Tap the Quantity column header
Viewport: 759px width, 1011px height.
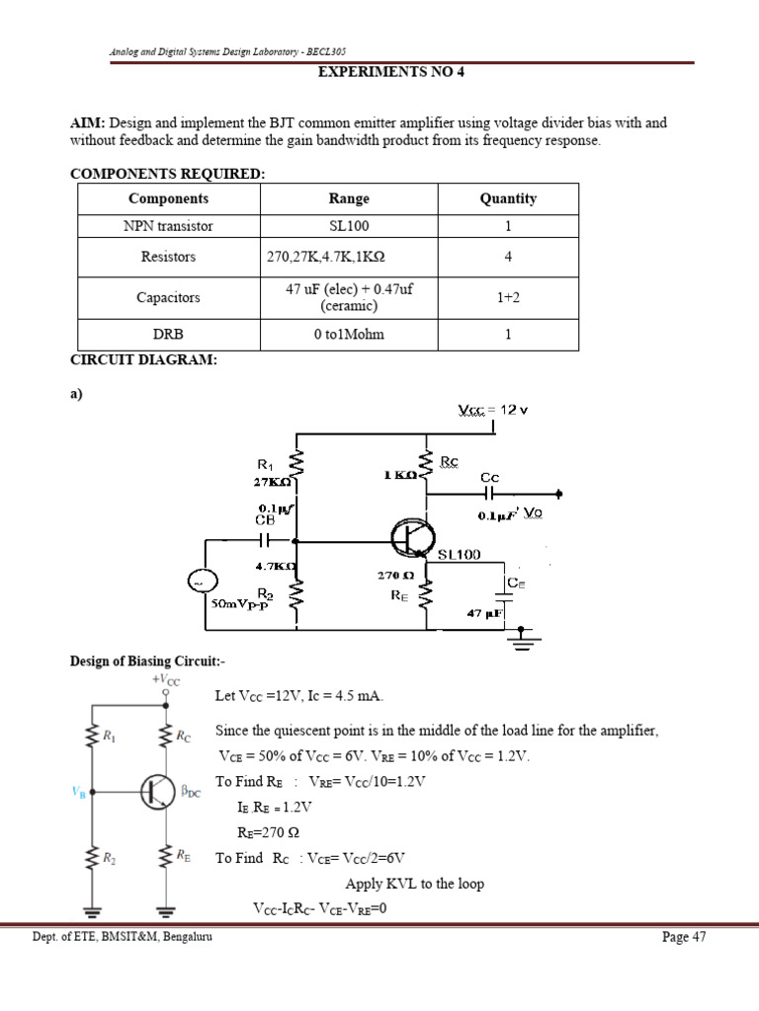click(x=508, y=198)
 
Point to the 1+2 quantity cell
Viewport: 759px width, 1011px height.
click(x=508, y=296)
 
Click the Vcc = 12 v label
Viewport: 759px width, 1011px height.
click(x=493, y=410)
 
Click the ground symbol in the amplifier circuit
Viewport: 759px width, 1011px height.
click(x=522, y=643)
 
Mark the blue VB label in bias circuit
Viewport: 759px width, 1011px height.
click(x=79, y=791)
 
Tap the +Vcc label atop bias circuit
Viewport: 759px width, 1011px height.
click(x=165, y=679)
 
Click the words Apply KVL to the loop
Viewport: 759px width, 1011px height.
click(x=414, y=883)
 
